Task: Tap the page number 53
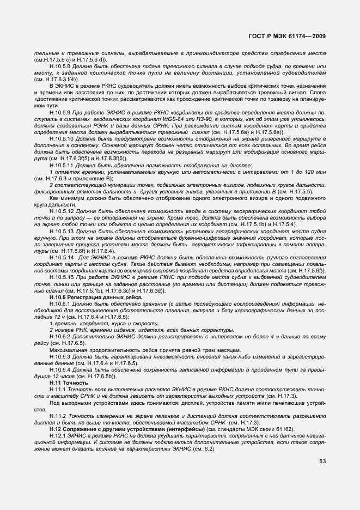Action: click(322, 462)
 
